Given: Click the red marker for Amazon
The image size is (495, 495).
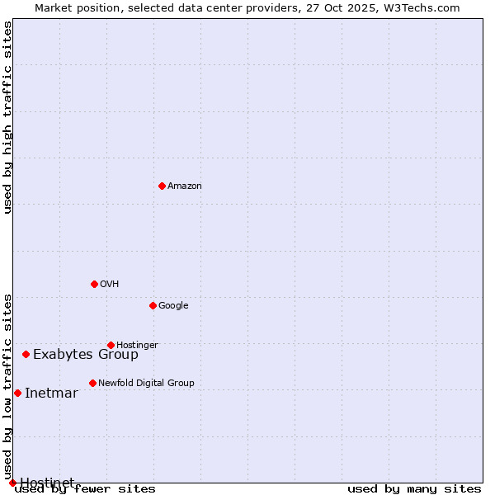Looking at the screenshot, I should (162, 186).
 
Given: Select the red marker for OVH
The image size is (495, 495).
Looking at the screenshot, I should (94, 284).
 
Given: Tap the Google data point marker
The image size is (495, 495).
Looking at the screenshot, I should (153, 305).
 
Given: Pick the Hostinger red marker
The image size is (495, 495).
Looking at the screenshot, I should (111, 345).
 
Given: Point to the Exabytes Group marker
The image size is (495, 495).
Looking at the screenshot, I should (26, 354).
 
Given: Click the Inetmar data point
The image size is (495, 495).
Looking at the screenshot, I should (17, 393).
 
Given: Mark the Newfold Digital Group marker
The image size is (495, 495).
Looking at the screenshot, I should (92, 383).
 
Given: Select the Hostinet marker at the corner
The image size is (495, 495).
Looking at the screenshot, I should (12, 483).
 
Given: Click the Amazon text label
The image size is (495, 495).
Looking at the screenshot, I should (185, 186).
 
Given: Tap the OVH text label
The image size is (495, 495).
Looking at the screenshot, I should (110, 285).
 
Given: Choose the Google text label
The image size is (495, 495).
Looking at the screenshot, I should (173, 306).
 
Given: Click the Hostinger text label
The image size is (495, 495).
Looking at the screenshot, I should (137, 345).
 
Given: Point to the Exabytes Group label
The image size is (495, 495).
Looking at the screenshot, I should (86, 355).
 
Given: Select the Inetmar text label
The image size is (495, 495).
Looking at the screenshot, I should (51, 394).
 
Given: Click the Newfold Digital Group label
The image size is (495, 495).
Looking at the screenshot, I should (146, 384).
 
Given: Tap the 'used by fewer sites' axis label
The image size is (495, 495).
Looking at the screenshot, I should (85, 489).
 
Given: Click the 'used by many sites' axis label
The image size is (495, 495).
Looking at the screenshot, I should (414, 489).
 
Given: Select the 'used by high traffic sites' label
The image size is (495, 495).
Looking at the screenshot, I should (8, 117).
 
